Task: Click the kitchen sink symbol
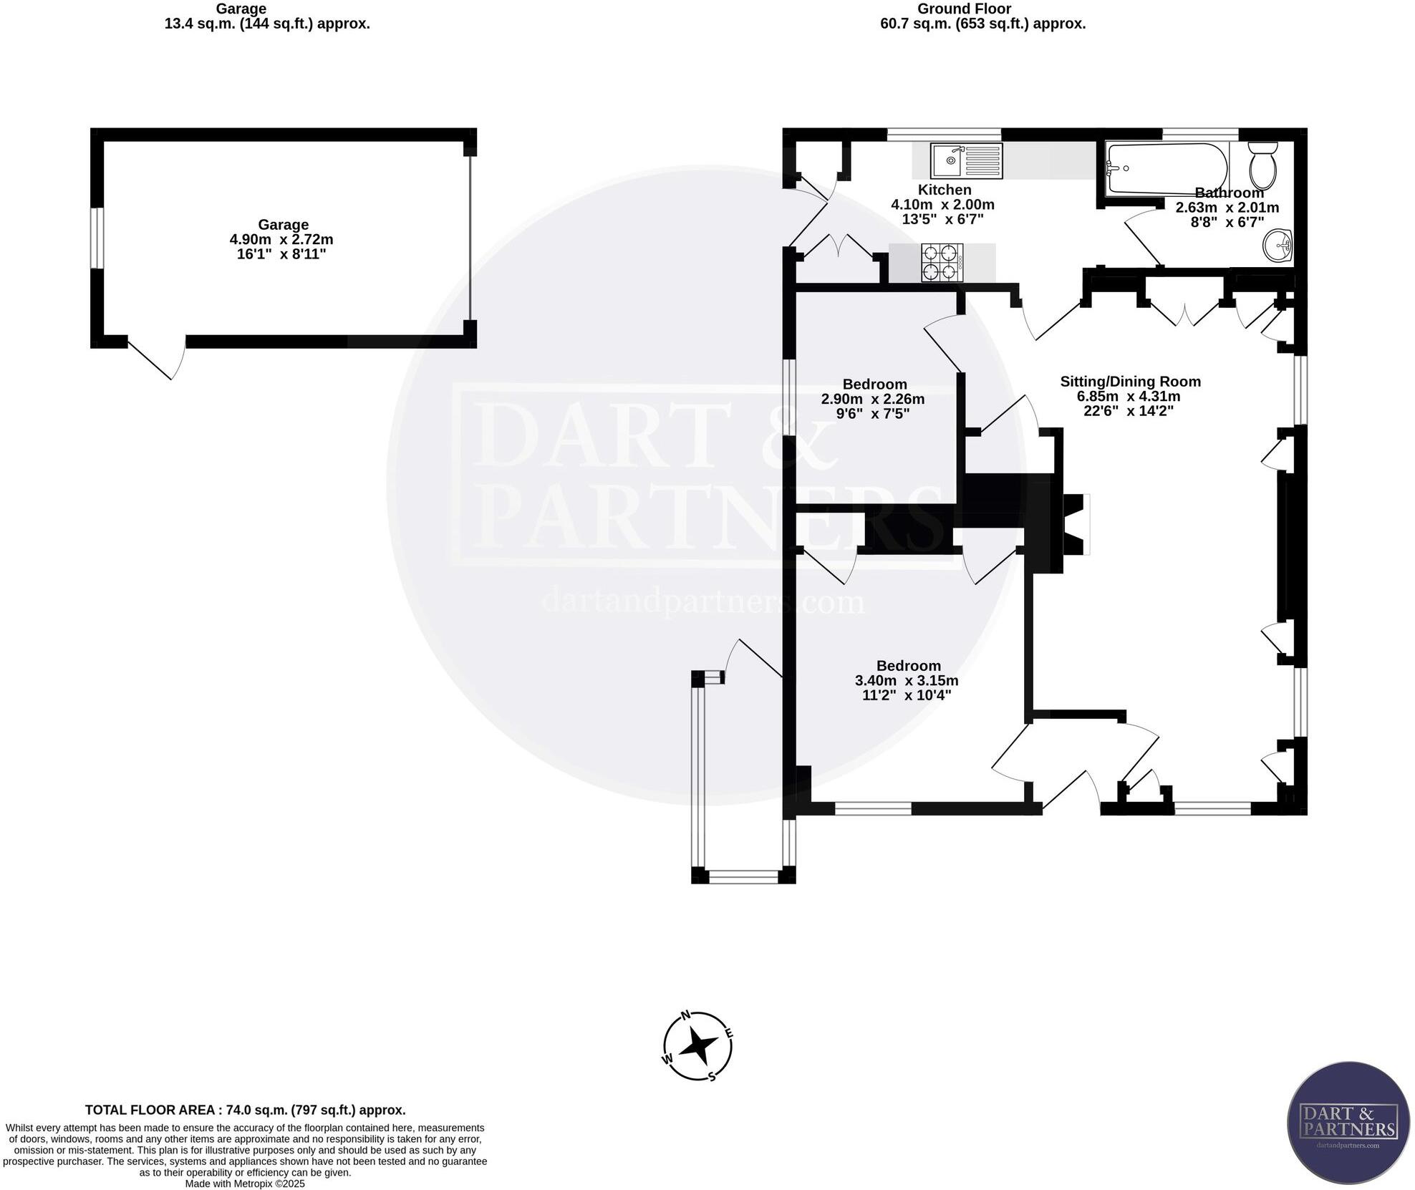point(966,161)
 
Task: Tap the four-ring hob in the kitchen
point(941,262)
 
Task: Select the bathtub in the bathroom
point(1167,169)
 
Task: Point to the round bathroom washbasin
point(1277,246)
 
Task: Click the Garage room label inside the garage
point(283,225)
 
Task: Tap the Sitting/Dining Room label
point(1130,382)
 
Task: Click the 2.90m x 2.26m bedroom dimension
point(872,399)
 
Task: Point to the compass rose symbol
point(697,1047)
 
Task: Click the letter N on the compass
point(685,1015)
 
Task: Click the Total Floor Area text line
point(245,1110)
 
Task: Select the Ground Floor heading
point(964,9)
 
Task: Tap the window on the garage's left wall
point(97,238)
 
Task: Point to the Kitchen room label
point(945,190)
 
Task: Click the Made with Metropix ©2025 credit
point(245,1184)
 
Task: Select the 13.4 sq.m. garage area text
point(266,24)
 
